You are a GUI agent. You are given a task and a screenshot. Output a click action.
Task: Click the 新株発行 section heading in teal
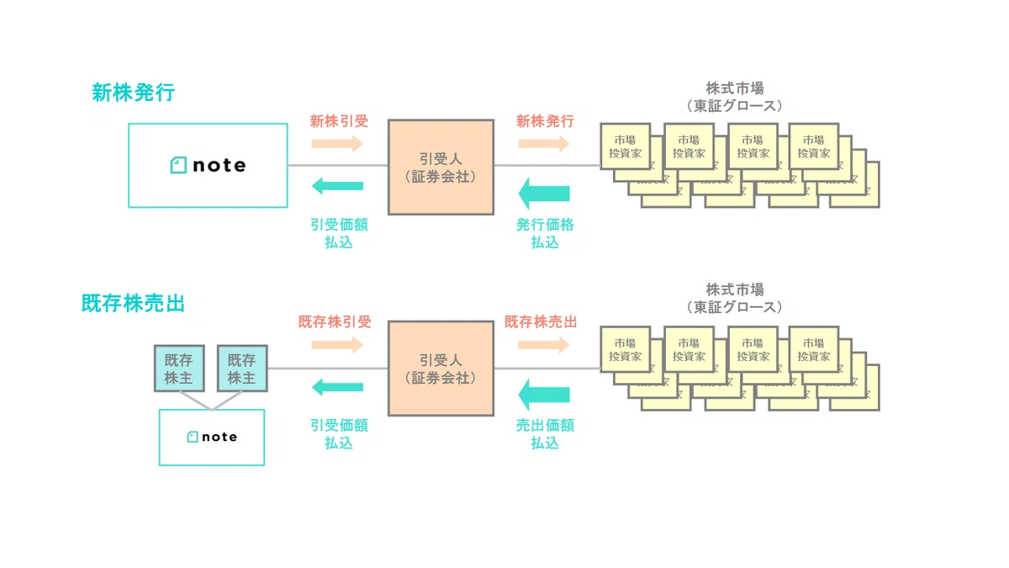coord(134,93)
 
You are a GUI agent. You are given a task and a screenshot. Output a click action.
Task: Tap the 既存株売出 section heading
coord(134,304)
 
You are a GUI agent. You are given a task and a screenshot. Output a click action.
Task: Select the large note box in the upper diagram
coord(209,166)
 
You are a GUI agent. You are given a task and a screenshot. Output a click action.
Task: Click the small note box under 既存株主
coord(212,438)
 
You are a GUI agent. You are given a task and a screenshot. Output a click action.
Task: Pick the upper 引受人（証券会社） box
coord(441,167)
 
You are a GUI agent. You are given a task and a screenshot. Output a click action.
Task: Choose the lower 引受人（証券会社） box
coord(441,369)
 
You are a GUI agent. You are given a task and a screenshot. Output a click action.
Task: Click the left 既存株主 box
coord(179,369)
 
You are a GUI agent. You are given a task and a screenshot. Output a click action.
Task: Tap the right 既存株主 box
coord(242,369)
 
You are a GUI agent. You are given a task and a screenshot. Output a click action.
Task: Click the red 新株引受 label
coord(339,121)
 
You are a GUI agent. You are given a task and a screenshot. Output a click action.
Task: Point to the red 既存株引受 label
coord(335,321)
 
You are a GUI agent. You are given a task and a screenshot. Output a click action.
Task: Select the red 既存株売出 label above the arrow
coord(541,321)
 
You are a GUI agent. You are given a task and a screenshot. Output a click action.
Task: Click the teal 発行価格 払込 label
coord(545,234)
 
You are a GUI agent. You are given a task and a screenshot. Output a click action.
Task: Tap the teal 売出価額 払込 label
coord(545,434)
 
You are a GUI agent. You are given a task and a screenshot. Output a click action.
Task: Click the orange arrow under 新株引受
coord(337,144)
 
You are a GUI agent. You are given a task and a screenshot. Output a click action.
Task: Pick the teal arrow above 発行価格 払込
coord(544,194)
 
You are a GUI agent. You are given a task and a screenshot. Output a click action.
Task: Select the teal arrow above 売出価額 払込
coord(544,395)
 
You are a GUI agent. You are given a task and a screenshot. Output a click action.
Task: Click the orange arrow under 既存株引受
coord(337,345)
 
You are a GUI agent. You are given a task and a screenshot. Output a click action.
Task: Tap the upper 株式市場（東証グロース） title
coord(735,97)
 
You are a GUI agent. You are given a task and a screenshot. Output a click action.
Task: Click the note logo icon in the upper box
coord(178,165)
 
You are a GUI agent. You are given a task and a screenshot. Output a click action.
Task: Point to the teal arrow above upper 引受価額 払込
coord(337,186)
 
